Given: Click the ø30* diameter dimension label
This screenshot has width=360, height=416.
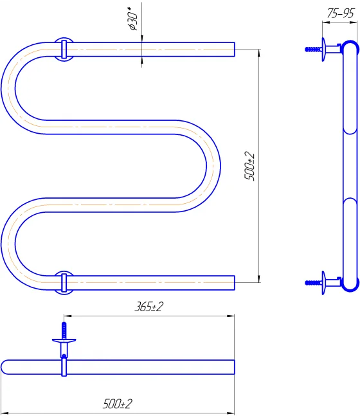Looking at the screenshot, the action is [132, 19].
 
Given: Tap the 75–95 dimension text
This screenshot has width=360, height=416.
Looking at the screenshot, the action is [340, 14].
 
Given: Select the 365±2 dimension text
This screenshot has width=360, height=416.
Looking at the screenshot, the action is [148, 307].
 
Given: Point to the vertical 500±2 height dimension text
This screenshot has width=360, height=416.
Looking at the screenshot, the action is [249, 167].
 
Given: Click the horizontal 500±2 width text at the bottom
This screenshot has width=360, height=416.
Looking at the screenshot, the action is [117, 404].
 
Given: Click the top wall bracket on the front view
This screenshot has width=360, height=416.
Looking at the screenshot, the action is [64, 50].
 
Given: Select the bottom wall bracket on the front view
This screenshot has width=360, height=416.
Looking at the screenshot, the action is [64, 283].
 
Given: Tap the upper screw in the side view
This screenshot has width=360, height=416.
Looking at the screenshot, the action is [314, 50].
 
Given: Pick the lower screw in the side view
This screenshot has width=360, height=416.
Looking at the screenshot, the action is [314, 283].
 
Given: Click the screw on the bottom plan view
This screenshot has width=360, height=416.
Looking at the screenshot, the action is [64, 330].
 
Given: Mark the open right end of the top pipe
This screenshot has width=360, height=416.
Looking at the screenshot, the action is [234, 50].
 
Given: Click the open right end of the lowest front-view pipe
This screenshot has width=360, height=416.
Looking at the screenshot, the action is [234, 283].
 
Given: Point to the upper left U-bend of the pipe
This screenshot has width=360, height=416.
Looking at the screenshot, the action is [8, 88].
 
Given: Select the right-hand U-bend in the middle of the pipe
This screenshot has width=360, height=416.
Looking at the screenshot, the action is [213, 166].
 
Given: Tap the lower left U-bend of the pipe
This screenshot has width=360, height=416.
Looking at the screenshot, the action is [8, 244].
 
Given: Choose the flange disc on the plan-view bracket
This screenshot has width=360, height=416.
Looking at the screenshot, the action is [64, 340].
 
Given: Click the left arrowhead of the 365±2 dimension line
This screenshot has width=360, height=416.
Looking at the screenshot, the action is [67, 316].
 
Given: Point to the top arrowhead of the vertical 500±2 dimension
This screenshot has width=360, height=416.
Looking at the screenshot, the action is [259, 53].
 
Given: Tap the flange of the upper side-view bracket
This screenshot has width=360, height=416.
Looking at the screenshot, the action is [323, 50].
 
